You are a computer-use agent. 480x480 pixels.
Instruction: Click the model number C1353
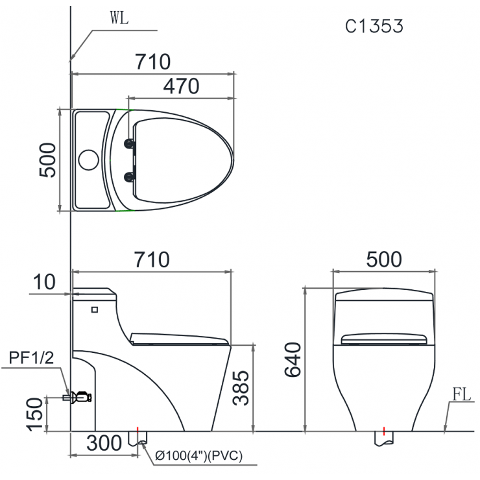(374, 26)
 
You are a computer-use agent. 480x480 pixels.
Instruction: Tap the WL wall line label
(119, 18)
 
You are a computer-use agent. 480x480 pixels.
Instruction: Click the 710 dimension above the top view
(152, 62)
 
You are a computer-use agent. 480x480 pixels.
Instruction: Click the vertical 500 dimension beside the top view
(47, 160)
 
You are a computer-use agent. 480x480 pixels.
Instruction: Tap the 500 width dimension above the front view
(383, 259)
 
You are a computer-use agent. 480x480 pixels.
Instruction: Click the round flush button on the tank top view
(88, 160)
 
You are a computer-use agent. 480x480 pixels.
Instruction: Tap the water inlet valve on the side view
(80, 396)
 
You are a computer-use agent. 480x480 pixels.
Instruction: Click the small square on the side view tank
(95, 309)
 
